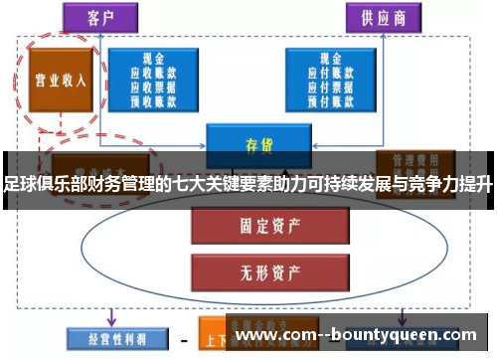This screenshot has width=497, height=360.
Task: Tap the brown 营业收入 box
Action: point(60,81)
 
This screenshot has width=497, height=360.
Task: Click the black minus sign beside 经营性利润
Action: point(183,340)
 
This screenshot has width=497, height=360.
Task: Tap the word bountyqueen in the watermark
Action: point(397,334)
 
